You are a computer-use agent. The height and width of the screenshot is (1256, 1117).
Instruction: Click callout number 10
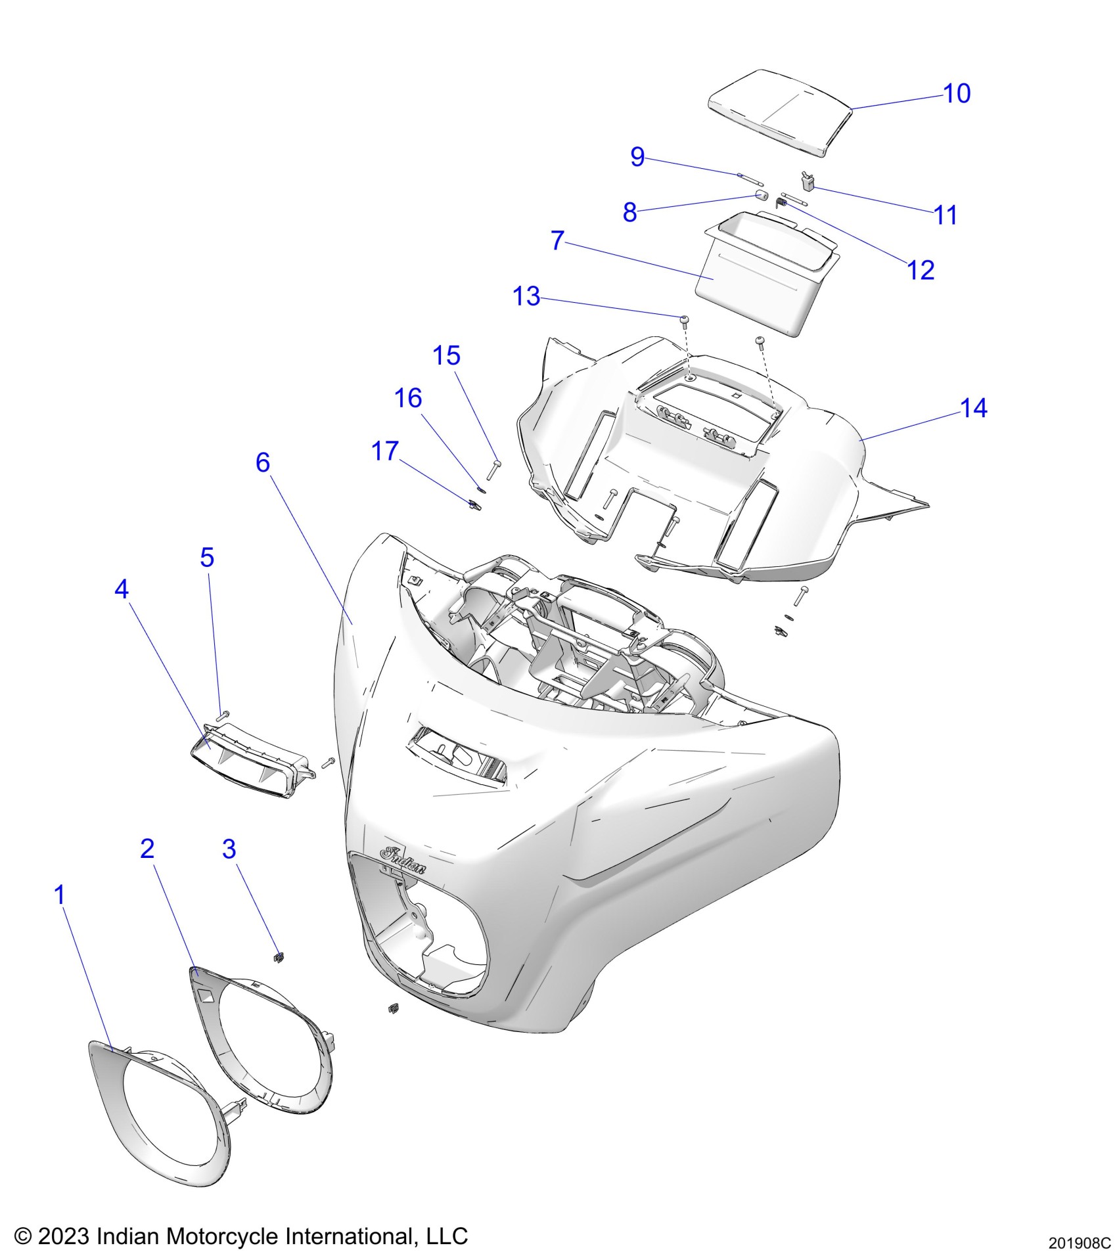click(957, 94)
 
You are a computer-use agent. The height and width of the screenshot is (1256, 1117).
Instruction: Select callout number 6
click(263, 462)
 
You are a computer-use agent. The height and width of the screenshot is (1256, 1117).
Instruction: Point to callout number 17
click(385, 451)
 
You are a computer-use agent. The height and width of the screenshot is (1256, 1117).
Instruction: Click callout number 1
click(60, 895)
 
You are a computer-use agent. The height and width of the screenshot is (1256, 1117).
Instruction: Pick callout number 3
click(229, 849)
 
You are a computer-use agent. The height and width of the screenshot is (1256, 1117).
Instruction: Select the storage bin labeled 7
click(756, 276)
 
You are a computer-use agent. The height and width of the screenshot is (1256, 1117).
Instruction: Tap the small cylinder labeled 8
click(761, 196)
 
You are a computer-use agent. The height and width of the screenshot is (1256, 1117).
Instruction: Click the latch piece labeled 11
click(808, 181)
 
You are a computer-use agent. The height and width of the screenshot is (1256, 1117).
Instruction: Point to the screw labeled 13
click(685, 320)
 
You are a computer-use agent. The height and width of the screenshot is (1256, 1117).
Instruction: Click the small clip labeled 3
click(279, 956)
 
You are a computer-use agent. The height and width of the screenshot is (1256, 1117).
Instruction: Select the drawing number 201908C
click(1079, 1244)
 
